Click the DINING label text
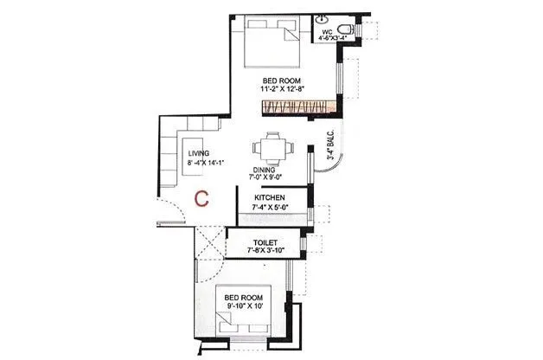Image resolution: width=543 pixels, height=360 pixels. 265,170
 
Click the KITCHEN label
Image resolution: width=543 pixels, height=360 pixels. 270,197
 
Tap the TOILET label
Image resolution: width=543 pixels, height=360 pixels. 265,242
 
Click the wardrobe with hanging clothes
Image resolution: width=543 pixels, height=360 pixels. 298,107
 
